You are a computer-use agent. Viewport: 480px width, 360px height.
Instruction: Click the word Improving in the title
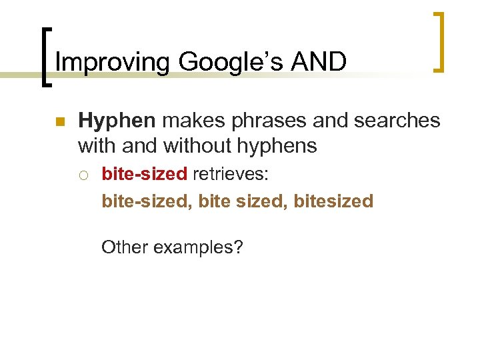[113, 62]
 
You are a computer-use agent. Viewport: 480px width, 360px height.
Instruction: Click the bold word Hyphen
[117, 121]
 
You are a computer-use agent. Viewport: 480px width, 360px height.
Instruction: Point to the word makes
[191, 121]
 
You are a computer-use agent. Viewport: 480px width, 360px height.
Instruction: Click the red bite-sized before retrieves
[144, 175]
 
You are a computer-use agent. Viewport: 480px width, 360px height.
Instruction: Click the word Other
[125, 247]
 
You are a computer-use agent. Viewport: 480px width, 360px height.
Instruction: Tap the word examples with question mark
[199, 248]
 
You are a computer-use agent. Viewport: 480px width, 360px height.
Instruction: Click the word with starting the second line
[97, 145]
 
